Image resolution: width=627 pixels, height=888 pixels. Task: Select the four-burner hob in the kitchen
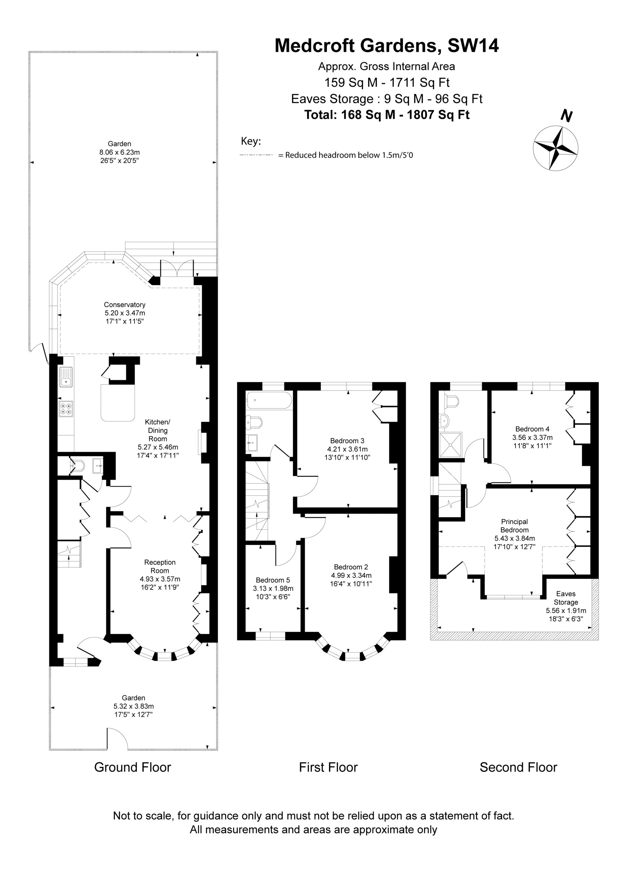click(x=66, y=409)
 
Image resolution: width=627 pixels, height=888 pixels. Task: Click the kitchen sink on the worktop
click(x=66, y=377)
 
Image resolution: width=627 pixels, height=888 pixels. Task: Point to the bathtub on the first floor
click(x=269, y=400)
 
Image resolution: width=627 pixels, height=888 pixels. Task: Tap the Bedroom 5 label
click(x=272, y=580)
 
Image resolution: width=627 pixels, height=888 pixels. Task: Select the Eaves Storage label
click(x=566, y=598)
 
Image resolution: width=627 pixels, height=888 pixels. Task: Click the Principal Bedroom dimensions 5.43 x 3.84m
click(x=514, y=538)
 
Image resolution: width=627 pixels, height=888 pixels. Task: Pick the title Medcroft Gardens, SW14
click(x=386, y=46)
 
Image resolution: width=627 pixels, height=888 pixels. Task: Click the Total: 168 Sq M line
click(x=386, y=115)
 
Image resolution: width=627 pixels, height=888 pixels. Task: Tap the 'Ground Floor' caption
click(x=133, y=767)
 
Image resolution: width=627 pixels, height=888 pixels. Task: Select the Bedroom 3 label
click(x=347, y=441)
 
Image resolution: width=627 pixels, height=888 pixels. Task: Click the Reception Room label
click(x=160, y=566)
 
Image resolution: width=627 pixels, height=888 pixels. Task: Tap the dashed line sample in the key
click(x=256, y=155)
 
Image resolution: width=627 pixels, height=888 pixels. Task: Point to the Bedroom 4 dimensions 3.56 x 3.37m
click(x=532, y=437)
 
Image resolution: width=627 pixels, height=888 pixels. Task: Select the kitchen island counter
click(x=118, y=403)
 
